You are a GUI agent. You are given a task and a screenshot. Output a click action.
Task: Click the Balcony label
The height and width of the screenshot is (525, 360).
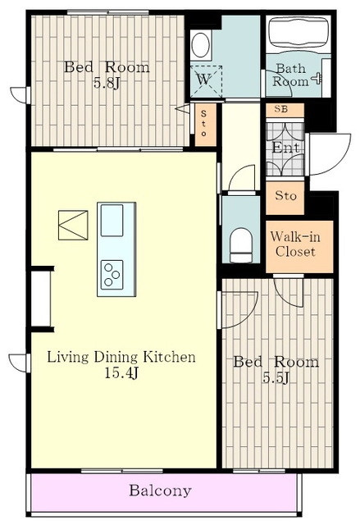pyautogui.click(x=160, y=491)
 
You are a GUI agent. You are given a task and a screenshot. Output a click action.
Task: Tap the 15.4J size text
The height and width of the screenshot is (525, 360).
pyautogui.click(x=121, y=373)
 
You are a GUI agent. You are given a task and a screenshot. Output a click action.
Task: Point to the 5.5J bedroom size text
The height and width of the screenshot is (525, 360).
pyautogui.click(x=276, y=378)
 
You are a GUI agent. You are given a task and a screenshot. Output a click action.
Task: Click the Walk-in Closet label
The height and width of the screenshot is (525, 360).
pyautogui.click(x=295, y=244)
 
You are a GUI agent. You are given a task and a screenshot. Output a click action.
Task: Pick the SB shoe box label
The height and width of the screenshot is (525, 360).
pyautogui.click(x=283, y=109)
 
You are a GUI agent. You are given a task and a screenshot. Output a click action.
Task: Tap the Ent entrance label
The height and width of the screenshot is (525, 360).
pyautogui.click(x=285, y=148)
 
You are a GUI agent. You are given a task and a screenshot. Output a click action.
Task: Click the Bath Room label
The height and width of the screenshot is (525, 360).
pyautogui.click(x=290, y=75)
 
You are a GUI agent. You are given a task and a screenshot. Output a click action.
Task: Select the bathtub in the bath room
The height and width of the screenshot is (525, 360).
pyautogui.click(x=298, y=33)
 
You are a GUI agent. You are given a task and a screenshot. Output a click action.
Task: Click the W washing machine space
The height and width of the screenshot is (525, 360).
pyautogui.click(x=206, y=80)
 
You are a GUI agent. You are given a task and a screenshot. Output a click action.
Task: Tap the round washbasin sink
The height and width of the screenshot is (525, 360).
pyautogui.click(x=201, y=45)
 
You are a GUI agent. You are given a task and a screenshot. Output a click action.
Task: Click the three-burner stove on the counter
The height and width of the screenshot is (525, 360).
pyautogui.click(x=112, y=275)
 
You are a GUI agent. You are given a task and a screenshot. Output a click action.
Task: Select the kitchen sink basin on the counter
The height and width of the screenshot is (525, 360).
pyautogui.click(x=112, y=221)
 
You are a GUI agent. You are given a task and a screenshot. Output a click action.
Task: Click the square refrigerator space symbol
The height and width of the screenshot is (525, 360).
pyautogui.click(x=73, y=225)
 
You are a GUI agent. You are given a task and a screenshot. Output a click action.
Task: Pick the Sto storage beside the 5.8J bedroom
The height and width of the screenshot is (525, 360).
pyautogui.click(x=204, y=124)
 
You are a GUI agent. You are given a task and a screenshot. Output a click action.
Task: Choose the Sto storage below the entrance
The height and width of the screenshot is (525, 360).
pyautogui.click(x=285, y=197)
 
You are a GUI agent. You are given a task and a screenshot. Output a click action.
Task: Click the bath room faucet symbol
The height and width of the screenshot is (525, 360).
pyautogui.click(x=317, y=79)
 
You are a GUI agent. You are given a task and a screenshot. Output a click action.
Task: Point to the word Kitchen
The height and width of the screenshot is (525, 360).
pyautogui.click(x=169, y=357)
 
